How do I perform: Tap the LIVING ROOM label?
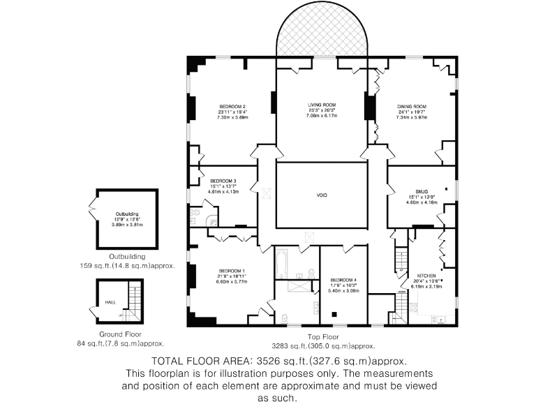(322, 104)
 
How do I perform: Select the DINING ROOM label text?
(412, 106)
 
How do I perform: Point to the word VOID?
(322, 195)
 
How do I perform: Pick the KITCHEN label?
(426, 275)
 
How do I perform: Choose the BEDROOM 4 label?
(343, 280)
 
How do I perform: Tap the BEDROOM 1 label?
(232, 270)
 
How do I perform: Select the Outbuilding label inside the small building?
(127, 214)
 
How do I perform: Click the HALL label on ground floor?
(110, 303)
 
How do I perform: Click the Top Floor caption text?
(324, 336)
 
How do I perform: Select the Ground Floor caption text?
(120, 334)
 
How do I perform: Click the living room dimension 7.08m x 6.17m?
(322, 115)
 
